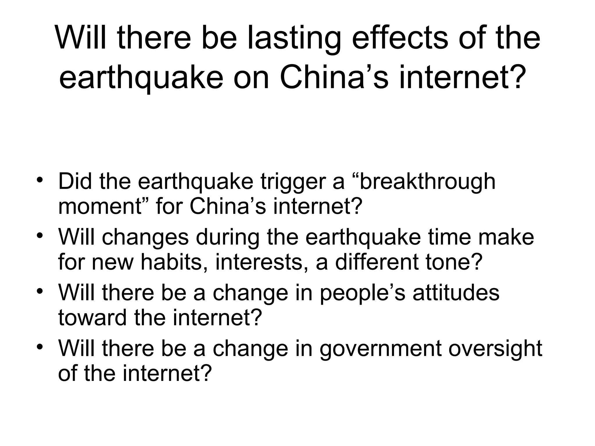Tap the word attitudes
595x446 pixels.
456,292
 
